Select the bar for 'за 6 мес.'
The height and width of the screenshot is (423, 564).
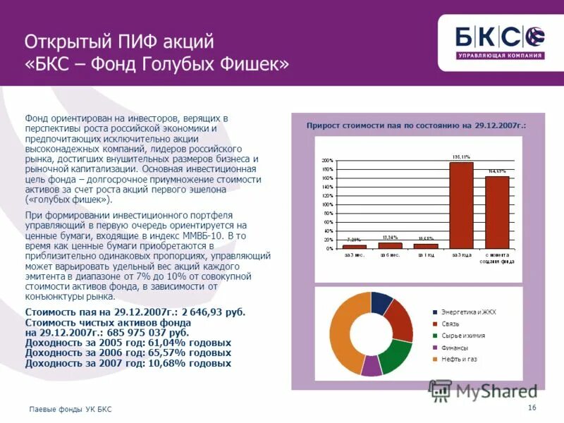(390, 245)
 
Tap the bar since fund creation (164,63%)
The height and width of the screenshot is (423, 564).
(497, 211)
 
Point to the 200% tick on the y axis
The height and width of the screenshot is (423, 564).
(327, 161)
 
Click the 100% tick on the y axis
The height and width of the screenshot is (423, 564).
(327, 204)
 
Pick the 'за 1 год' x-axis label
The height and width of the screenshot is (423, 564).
(426, 255)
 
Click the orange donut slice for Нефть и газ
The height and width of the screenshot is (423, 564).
(345, 338)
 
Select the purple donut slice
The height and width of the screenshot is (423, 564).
(371, 365)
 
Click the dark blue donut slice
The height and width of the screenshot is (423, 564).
(381, 302)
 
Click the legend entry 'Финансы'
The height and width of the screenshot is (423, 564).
(454, 348)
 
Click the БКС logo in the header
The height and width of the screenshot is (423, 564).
(500, 40)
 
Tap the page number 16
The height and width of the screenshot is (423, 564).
(532, 408)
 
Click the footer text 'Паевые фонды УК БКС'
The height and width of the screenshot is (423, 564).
(70, 409)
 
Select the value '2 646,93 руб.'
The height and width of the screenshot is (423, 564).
(214, 312)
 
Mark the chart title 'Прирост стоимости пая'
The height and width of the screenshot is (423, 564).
(416, 125)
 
